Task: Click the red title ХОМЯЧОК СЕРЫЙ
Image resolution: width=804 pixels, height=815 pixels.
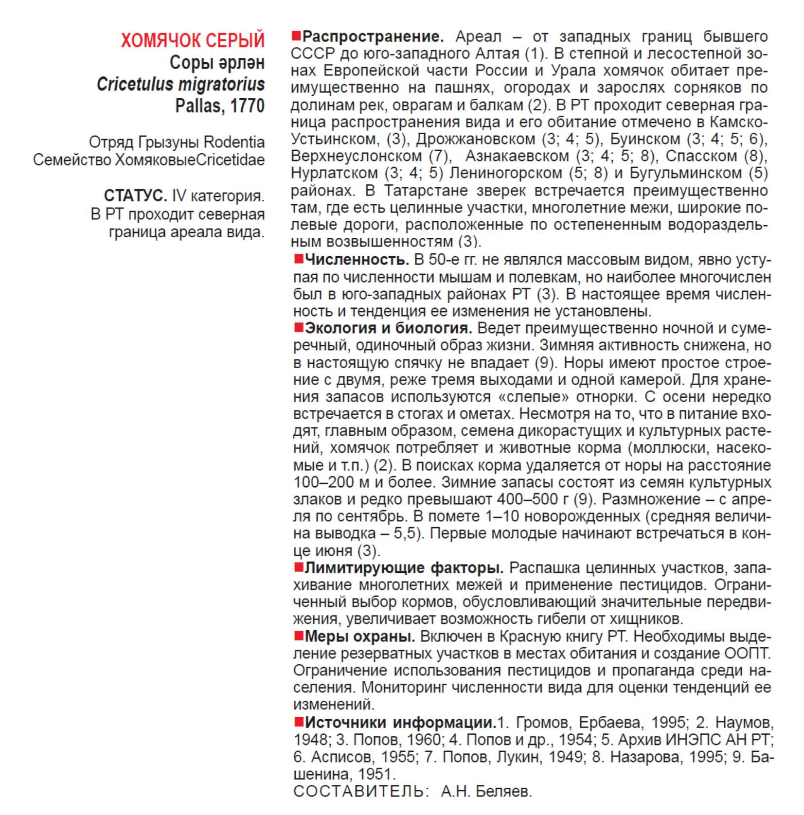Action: (x=193, y=40)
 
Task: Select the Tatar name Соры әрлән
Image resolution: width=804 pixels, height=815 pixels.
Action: (x=217, y=63)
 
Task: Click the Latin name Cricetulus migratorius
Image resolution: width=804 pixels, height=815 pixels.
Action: (x=180, y=84)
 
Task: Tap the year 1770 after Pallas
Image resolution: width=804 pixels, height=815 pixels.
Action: (x=247, y=106)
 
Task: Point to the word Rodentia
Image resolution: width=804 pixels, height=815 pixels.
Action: (x=234, y=142)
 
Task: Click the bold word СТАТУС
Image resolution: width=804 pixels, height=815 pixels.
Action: (x=135, y=196)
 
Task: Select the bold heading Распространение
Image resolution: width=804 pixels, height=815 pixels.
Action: (x=373, y=36)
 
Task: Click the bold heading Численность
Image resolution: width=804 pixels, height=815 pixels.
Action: (x=357, y=260)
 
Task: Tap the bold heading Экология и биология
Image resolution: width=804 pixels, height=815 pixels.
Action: (x=388, y=328)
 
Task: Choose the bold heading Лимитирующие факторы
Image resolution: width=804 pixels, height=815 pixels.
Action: (x=404, y=567)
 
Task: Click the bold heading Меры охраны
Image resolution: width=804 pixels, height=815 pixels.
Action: (x=359, y=636)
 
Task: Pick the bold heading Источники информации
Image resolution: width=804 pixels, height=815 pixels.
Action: (x=400, y=723)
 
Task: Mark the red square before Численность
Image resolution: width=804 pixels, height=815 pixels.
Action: (x=298, y=259)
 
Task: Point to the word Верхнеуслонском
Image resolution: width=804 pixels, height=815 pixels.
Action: (x=356, y=156)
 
